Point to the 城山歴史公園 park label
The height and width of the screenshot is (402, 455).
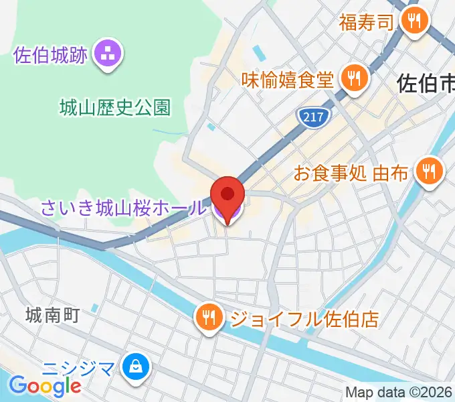[x=114, y=107]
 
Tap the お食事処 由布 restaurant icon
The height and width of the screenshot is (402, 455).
[x=428, y=172]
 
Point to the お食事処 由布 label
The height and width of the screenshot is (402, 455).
[x=351, y=174]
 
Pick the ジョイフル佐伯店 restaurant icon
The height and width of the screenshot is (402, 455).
[x=209, y=317]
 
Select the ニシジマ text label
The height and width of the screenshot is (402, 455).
[x=80, y=367]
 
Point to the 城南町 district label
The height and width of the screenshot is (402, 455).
[x=53, y=314]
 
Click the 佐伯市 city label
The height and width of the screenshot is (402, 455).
[x=426, y=83]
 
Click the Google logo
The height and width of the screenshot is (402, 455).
[x=45, y=386]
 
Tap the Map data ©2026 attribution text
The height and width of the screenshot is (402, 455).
[x=399, y=393]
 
